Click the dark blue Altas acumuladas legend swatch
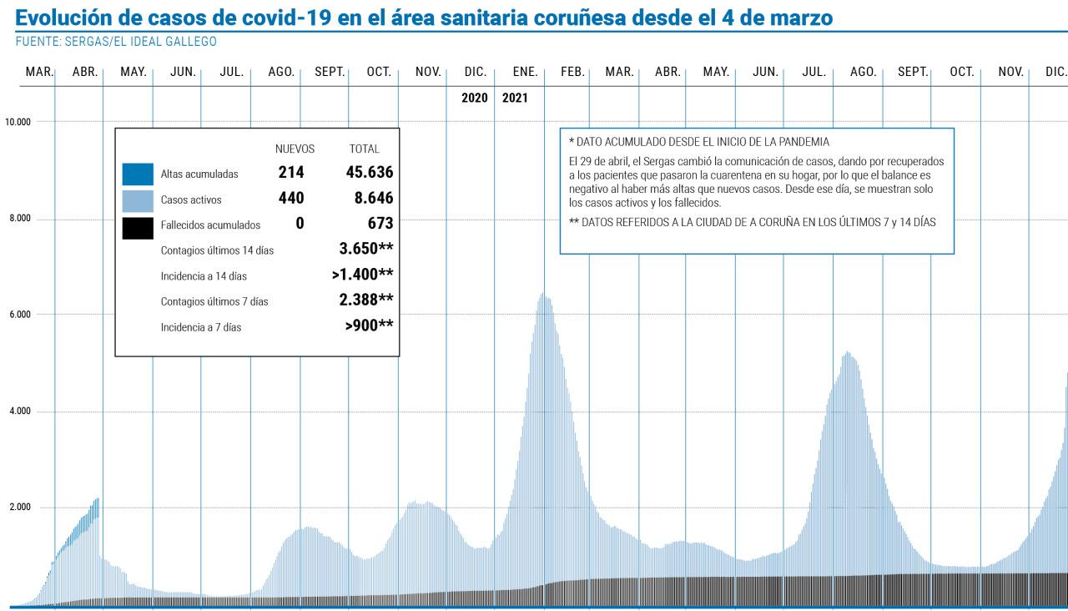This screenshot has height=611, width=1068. tap(138, 174)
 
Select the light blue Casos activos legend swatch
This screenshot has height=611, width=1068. tap(138, 199)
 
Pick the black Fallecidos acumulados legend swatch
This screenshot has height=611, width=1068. tap(138, 225)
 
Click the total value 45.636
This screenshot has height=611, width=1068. tap(369, 173)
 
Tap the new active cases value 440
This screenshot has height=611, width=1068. tap(290, 198)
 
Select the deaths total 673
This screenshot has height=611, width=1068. tap(380, 224)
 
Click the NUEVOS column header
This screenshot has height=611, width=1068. tap(295, 149)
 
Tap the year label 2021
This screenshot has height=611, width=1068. tap(515, 98)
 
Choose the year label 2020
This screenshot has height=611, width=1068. tap(474, 98)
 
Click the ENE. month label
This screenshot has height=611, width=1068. tap(524, 73)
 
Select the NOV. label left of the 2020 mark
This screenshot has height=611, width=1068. tap(427, 73)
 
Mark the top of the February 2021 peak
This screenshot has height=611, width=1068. tap(543, 294)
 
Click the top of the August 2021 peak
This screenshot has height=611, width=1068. tap(847, 352)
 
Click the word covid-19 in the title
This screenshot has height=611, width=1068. tap(275, 17)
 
